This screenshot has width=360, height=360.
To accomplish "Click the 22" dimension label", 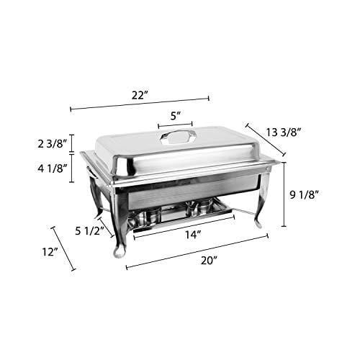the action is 139,96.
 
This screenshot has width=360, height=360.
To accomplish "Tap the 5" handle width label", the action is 175,116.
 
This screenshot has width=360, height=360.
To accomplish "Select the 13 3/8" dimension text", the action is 283,132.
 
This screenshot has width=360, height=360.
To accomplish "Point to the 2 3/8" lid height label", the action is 52,144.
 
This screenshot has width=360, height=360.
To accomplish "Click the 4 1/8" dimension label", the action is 52,168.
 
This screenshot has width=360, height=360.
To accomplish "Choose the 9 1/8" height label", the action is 304,194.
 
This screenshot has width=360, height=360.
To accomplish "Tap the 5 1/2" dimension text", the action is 89,231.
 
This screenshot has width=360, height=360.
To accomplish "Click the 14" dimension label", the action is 193,235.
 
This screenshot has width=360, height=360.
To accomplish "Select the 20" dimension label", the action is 209,261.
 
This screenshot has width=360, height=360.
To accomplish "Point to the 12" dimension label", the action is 50,252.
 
